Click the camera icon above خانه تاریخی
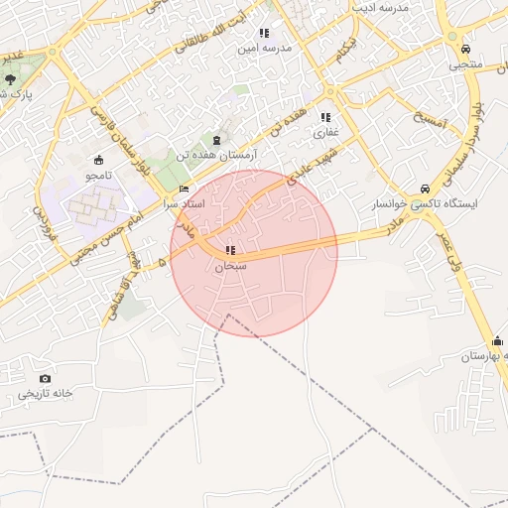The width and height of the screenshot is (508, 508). [x=45, y=378]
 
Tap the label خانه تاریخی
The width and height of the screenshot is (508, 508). [x=45, y=394]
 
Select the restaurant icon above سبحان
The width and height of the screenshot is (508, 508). [x=230, y=251]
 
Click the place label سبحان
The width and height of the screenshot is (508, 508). [x=230, y=266]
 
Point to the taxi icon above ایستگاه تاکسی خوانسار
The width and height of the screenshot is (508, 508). [x=425, y=189]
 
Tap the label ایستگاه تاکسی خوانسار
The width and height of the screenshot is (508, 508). [x=425, y=203]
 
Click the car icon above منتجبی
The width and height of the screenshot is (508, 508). [x=464, y=49]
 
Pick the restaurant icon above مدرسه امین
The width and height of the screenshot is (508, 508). [x=264, y=33]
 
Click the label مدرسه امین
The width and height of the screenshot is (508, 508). [x=269, y=48]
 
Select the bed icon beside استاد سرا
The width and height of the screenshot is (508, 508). [x=184, y=190]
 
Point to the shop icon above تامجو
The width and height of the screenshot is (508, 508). [x=97, y=161]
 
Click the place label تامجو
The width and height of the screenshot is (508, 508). [x=97, y=176]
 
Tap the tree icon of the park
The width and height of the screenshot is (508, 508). [x=10, y=78]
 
